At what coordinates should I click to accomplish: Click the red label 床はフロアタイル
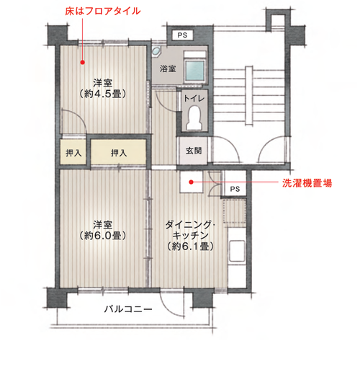point(103,12)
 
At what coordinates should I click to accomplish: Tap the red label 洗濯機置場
point(307,183)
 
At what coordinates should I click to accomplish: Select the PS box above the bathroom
point(183,35)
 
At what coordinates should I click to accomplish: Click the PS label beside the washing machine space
point(235,189)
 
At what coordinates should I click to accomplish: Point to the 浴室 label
point(168,68)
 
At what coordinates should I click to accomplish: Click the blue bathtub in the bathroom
point(195,70)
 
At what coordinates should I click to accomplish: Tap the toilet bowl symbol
point(194,118)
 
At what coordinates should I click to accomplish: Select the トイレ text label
point(194,98)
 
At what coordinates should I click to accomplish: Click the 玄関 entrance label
point(194,151)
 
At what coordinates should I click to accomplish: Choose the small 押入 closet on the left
point(73,152)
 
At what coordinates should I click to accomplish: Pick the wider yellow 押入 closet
point(119,152)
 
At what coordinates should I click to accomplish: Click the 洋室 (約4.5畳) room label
point(103,88)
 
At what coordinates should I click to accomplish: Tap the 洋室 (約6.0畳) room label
point(103,230)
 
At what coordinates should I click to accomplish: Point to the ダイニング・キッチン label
point(190,236)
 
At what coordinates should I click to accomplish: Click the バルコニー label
point(128,309)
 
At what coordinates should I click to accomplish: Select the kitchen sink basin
point(237,251)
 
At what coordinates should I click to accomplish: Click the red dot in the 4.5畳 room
point(83,62)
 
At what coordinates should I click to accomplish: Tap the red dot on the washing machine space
point(191,182)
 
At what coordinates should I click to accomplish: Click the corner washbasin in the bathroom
point(157,51)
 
